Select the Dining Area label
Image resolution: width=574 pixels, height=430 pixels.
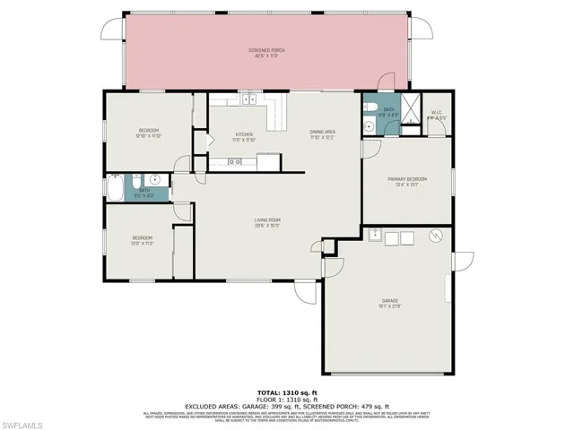coord(322,134)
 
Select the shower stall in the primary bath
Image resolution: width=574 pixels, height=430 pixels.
coord(408,112)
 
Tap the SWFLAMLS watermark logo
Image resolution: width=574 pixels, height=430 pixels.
coord(30,418)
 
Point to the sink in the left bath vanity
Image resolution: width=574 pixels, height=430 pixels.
coord(153,178)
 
